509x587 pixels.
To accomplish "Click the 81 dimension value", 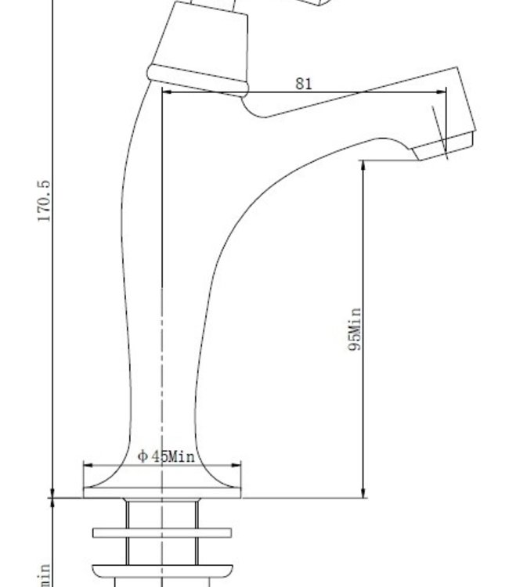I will click(304, 84).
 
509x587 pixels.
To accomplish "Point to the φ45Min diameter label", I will click(166, 456).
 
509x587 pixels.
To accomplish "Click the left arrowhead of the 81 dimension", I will click(166, 92).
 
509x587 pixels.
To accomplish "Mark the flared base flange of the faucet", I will click(162, 485).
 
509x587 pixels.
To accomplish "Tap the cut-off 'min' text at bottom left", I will click(45, 575).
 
